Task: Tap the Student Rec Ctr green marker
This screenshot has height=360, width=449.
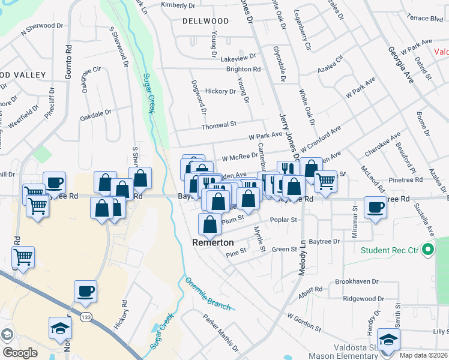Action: coord(428,248)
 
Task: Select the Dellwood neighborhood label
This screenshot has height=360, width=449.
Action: coord(206,21)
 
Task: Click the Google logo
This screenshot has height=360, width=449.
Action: coord(20,353)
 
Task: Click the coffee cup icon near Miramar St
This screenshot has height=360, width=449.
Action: coord(375,208)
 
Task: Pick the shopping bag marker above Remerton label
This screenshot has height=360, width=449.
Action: coord(210,224)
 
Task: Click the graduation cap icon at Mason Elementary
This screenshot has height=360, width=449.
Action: coord(389,340)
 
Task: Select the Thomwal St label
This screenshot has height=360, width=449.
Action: coord(219,125)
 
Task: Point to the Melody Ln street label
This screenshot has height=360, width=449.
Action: coord(302,258)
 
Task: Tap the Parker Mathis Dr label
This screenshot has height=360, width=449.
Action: coord(220,333)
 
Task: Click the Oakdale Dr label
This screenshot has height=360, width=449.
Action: coord(96,112)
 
